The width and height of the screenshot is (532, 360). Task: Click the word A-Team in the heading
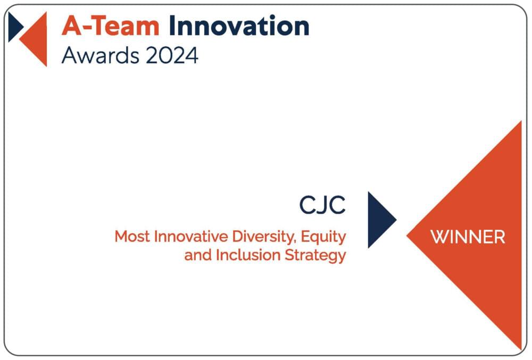111,26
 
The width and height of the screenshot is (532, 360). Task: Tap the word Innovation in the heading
239,26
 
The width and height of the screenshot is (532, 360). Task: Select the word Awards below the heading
101,55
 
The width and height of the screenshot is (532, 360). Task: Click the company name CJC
322,205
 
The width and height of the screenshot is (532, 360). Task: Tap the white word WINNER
468,237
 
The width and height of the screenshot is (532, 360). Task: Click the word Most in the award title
132,236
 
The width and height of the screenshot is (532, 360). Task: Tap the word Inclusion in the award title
248,255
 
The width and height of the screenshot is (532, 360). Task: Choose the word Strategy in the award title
315,256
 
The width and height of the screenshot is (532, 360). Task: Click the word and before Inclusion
198,255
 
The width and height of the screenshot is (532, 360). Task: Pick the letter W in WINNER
439,237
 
